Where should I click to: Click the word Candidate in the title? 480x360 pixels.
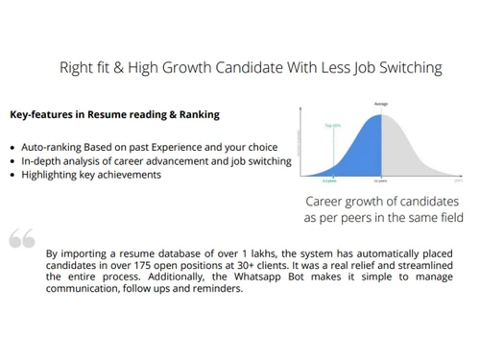pos(236,68)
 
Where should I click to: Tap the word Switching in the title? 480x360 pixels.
pos(408,68)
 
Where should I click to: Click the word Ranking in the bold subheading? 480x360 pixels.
pos(196,114)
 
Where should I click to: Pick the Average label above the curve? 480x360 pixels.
pos(381,104)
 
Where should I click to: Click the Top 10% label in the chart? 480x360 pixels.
pos(333,126)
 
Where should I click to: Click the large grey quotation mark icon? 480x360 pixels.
pos(22,238)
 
